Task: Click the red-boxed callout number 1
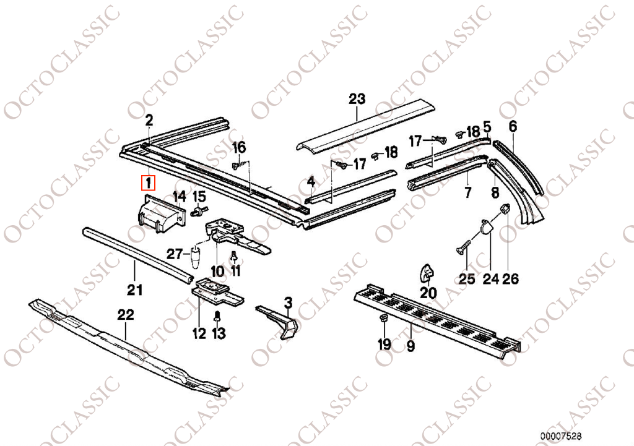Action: [x=149, y=183]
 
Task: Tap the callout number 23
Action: [x=357, y=99]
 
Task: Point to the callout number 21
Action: [x=134, y=289]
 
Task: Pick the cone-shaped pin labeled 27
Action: [x=195, y=259]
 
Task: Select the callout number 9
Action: [x=411, y=346]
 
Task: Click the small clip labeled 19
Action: [x=384, y=318]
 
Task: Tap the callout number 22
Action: [x=125, y=315]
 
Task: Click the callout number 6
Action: [x=513, y=126]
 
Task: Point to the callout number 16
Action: [x=239, y=147]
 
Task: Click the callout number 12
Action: [x=199, y=333]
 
